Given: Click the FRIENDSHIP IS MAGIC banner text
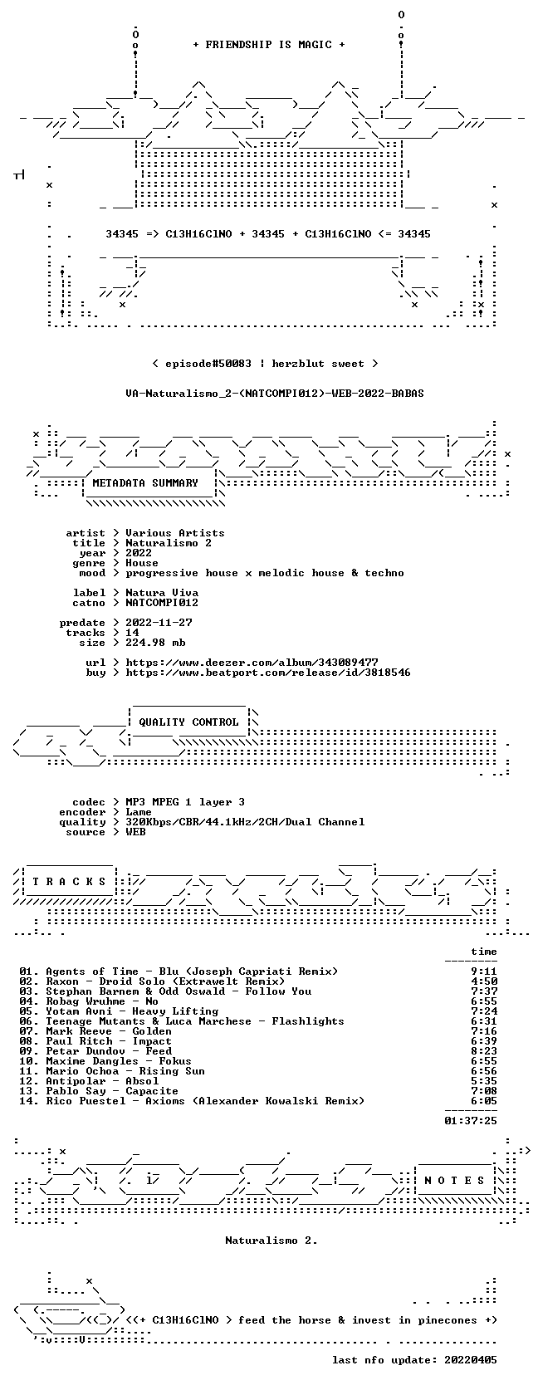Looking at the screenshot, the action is click(269, 45).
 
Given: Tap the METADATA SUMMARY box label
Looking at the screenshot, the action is click(145, 483).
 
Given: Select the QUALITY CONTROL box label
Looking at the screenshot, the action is click(188, 722).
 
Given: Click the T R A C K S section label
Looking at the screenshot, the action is click(69, 882).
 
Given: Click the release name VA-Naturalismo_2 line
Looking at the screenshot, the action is click(275, 394).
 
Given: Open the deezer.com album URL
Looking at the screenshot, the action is click(252, 663).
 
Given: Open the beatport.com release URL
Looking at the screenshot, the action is click(268, 672).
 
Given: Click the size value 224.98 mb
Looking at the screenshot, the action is click(155, 643).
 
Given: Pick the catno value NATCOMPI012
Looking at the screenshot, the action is click(162, 602).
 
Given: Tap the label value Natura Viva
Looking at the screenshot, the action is click(162, 592).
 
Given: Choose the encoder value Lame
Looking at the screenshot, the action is click(139, 812).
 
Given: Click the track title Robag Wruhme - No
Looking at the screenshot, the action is click(102, 1001).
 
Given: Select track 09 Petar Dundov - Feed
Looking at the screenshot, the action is click(95, 1051).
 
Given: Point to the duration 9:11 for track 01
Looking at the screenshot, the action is click(483, 971).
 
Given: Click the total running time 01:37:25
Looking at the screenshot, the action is click(471, 1120).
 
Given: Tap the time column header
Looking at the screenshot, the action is click(483, 952).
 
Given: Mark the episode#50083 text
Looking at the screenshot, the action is click(208, 364).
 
